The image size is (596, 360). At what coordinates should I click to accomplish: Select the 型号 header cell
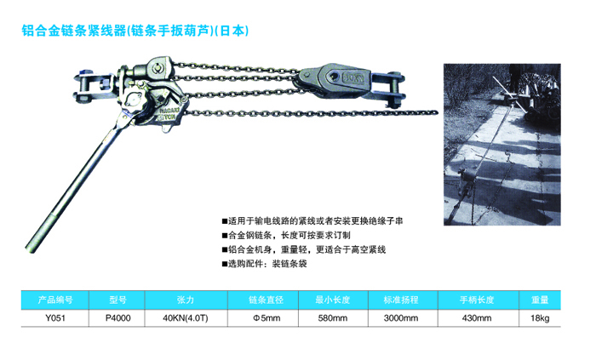[x=119, y=300]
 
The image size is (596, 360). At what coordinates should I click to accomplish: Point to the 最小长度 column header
[x=333, y=300]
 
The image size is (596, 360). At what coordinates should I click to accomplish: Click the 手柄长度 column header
[x=476, y=300]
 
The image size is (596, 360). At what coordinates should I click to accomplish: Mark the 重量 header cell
[x=541, y=300]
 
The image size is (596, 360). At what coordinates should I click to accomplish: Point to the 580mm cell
[x=333, y=317]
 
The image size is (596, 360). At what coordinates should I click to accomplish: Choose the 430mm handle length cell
[x=476, y=317]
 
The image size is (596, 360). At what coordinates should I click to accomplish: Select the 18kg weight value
[x=541, y=317]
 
